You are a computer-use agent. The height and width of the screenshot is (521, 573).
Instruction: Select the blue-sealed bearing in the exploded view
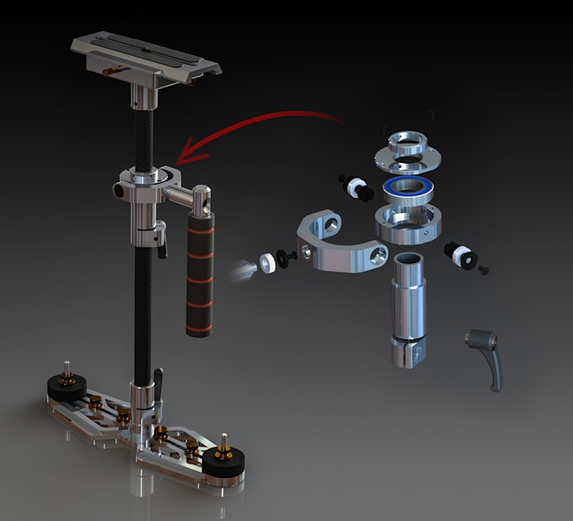tap(406, 190)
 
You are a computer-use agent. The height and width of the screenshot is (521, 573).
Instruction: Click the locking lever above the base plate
tap(156, 384)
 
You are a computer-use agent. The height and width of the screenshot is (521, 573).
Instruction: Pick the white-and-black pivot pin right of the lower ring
tap(461, 254)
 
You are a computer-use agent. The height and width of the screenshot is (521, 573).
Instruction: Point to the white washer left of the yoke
tap(269, 261)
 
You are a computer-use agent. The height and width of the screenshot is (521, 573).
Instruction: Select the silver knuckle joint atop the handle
tap(201, 200)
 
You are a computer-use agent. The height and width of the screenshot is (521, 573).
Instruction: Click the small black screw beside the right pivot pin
tap(485, 271)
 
